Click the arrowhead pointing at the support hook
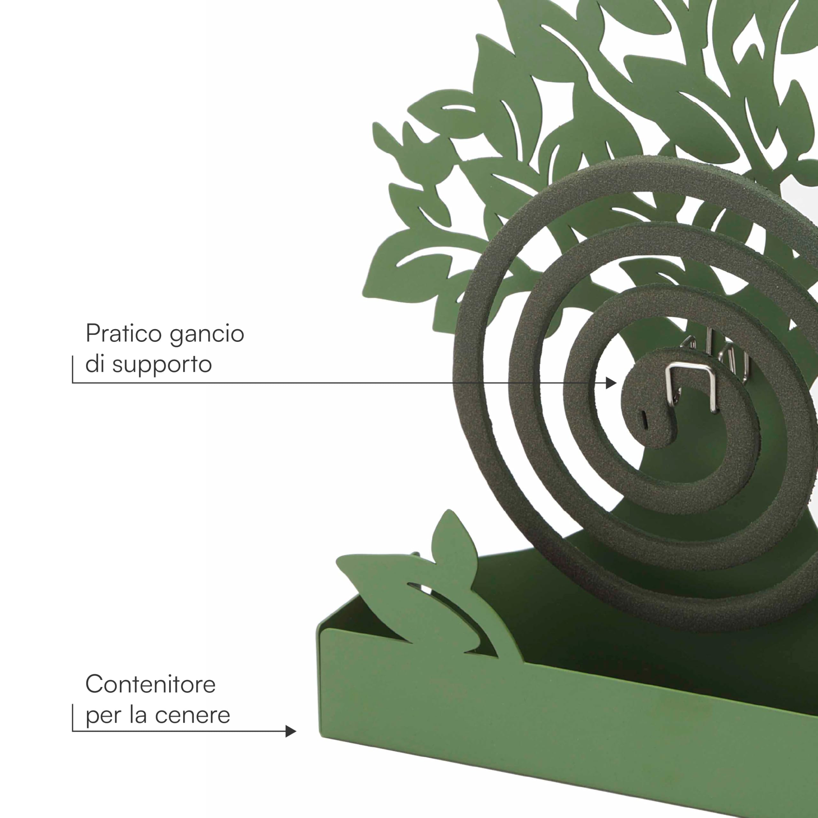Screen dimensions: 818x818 click(611, 383)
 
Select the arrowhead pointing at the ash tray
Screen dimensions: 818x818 click(291, 731)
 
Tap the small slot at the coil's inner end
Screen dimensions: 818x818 click(645, 418)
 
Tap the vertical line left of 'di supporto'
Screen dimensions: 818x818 click(73, 369)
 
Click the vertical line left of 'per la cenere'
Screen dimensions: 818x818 click(73, 718)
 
